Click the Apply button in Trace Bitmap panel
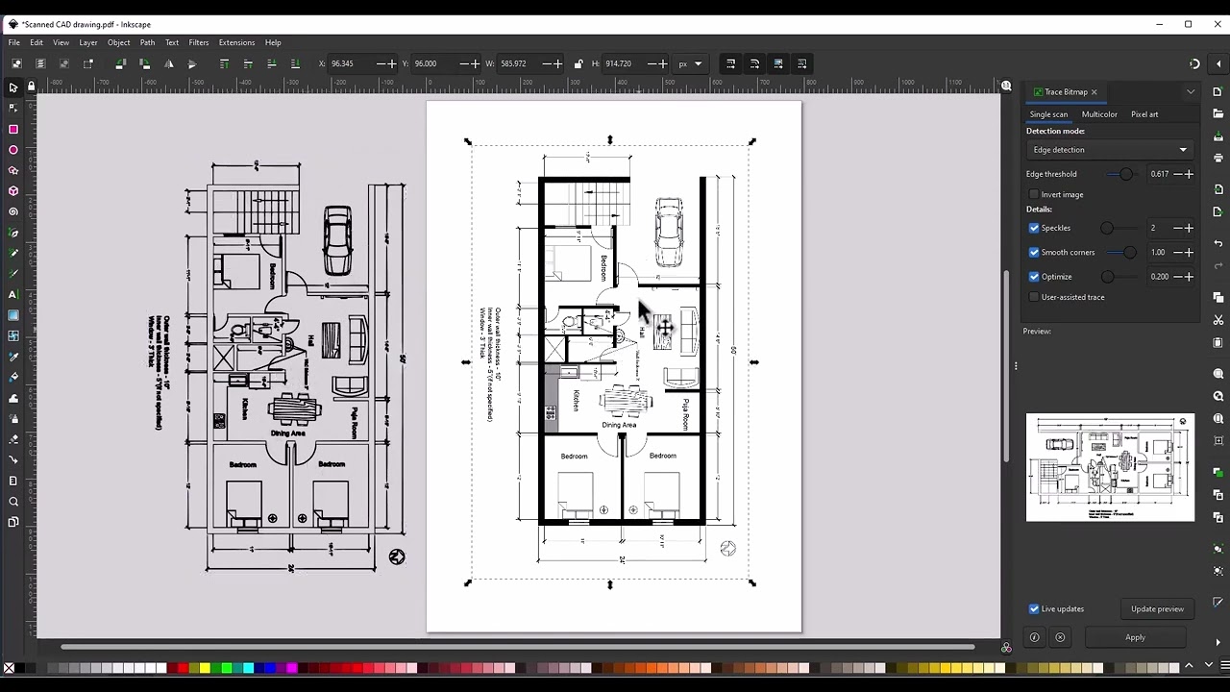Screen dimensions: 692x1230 coord(1135,637)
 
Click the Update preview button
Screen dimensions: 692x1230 coord(1157,609)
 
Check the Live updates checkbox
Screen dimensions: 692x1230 coord(1034,609)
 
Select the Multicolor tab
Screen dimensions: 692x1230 coord(1099,114)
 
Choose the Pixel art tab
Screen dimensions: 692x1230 coord(1144,114)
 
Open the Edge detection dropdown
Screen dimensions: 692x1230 coord(1110,150)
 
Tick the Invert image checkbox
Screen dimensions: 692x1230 coord(1034,195)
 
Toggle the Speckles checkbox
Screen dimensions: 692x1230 coord(1034,229)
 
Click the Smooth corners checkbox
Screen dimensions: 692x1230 coord(1034,253)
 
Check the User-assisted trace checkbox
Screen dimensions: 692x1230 coord(1034,297)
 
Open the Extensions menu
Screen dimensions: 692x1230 coord(236,42)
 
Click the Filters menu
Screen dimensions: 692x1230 coord(199,42)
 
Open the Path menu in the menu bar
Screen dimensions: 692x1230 coord(147,42)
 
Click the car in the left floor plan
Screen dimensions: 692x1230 coord(337,240)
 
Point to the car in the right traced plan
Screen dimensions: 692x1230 coord(669,232)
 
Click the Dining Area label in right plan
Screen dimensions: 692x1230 coord(619,425)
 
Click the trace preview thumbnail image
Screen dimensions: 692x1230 coord(1110,468)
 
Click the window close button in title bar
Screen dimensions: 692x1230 coord(1216,24)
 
